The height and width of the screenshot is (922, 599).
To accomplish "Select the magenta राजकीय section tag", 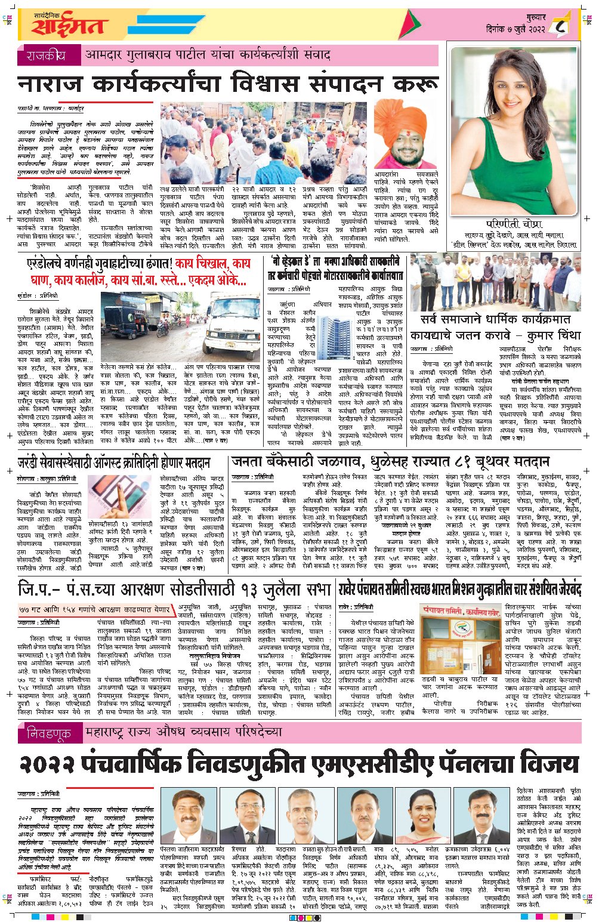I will pos(46,56).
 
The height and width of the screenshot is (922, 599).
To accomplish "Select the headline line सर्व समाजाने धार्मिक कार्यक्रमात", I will pos(495,319).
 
